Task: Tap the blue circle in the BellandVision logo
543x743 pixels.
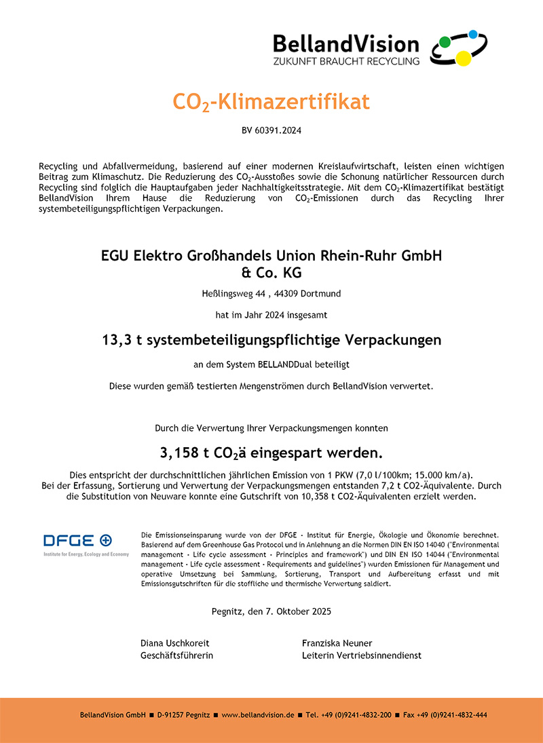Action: [x=473, y=35]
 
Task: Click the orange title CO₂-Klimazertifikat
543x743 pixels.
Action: [x=271, y=102]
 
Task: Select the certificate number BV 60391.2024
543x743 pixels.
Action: [x=271, y=130]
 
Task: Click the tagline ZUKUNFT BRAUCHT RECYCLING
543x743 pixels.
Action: [x=346, y=61]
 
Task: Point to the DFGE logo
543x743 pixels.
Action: [x=77, y=541]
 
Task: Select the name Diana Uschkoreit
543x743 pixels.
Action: [x=175, y=643]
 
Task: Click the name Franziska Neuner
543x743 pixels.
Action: [x=337, y=643]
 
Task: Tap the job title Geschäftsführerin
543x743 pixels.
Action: [x=177, y=655]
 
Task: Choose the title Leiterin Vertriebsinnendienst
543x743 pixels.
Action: [x=361, y=655]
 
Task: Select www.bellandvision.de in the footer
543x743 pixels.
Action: [x=258, y=715]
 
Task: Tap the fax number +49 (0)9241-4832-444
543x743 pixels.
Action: [x=450, y=715]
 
